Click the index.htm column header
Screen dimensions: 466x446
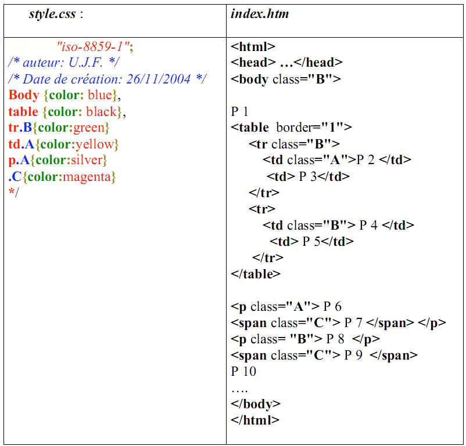(260, 14)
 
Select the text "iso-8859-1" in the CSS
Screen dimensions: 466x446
(94, 46)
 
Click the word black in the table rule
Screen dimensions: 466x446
(102, 111)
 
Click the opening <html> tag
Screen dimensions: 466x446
(253, 47)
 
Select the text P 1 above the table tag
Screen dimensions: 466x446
(239, 111)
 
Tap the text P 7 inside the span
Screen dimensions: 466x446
(353, 323)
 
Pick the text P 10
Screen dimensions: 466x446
(243, 372)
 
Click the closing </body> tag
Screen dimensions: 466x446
(256, 404)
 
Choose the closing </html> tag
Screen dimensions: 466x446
(255, 420)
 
